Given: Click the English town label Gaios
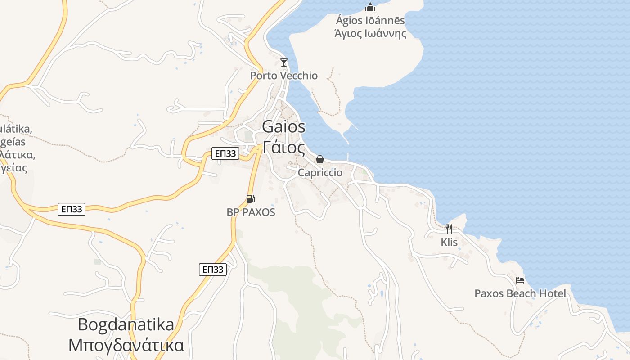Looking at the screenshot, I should click(283, 127).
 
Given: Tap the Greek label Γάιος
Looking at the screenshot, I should click(283, 147).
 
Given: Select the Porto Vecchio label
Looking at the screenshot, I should click(284, 76).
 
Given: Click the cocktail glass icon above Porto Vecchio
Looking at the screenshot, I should click(283, 63).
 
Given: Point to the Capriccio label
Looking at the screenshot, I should click(320, 173).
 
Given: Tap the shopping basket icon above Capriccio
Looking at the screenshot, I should click(320, 159).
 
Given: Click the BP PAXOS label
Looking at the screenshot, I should click(251, 212).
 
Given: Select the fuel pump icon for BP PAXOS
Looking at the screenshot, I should click(251, 198).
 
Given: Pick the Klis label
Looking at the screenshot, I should click(449, 243).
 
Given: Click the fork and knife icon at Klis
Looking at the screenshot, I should click(449, 229).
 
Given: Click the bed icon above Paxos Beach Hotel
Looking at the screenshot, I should click(520, 280).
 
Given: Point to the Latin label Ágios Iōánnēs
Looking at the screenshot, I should click(370, 21).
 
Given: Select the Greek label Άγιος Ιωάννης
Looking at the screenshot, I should click(370, 34).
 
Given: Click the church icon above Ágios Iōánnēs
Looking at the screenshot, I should click(370, 7).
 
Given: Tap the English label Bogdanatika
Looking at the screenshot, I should click(126, 324).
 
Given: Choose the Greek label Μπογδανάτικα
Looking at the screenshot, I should click(126, 345).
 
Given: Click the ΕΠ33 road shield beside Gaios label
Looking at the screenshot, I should click(225, 153).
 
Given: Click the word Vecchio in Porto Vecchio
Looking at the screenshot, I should click(298, 76).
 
